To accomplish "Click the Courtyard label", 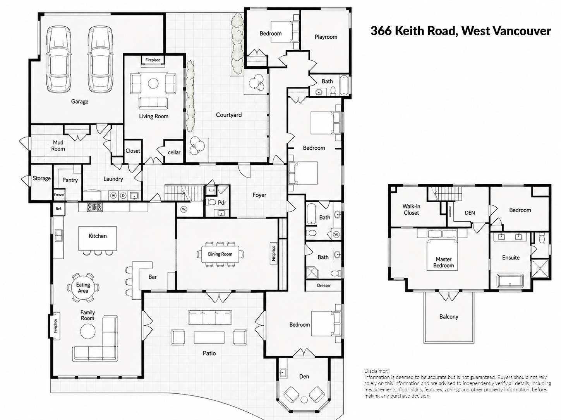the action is click(228, 115).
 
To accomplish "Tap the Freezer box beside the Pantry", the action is click(59, 195).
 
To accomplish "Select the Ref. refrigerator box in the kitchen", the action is click(59, 208).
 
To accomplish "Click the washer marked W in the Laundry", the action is click(113, 196).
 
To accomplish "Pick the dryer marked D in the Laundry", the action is click(123, 196).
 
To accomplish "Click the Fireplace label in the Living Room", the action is click(153, 60).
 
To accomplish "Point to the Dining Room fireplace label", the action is click(273, 253).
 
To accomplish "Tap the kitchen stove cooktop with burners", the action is click(94, 207).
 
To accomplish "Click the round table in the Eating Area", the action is click(83, 288).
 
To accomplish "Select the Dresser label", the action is click(324, 285).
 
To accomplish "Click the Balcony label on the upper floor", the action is click(449, 317).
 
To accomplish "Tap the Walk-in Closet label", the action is click(411, 209).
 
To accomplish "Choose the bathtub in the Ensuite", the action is click(510, 281).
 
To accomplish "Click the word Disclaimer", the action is click(376, 371).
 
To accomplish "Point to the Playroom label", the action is click(326, 37).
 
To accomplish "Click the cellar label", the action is click(174, 152).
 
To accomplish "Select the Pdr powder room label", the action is click(222, 203).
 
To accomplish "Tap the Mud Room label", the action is click(58, 145).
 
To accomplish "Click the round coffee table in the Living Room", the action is click(153, 83).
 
